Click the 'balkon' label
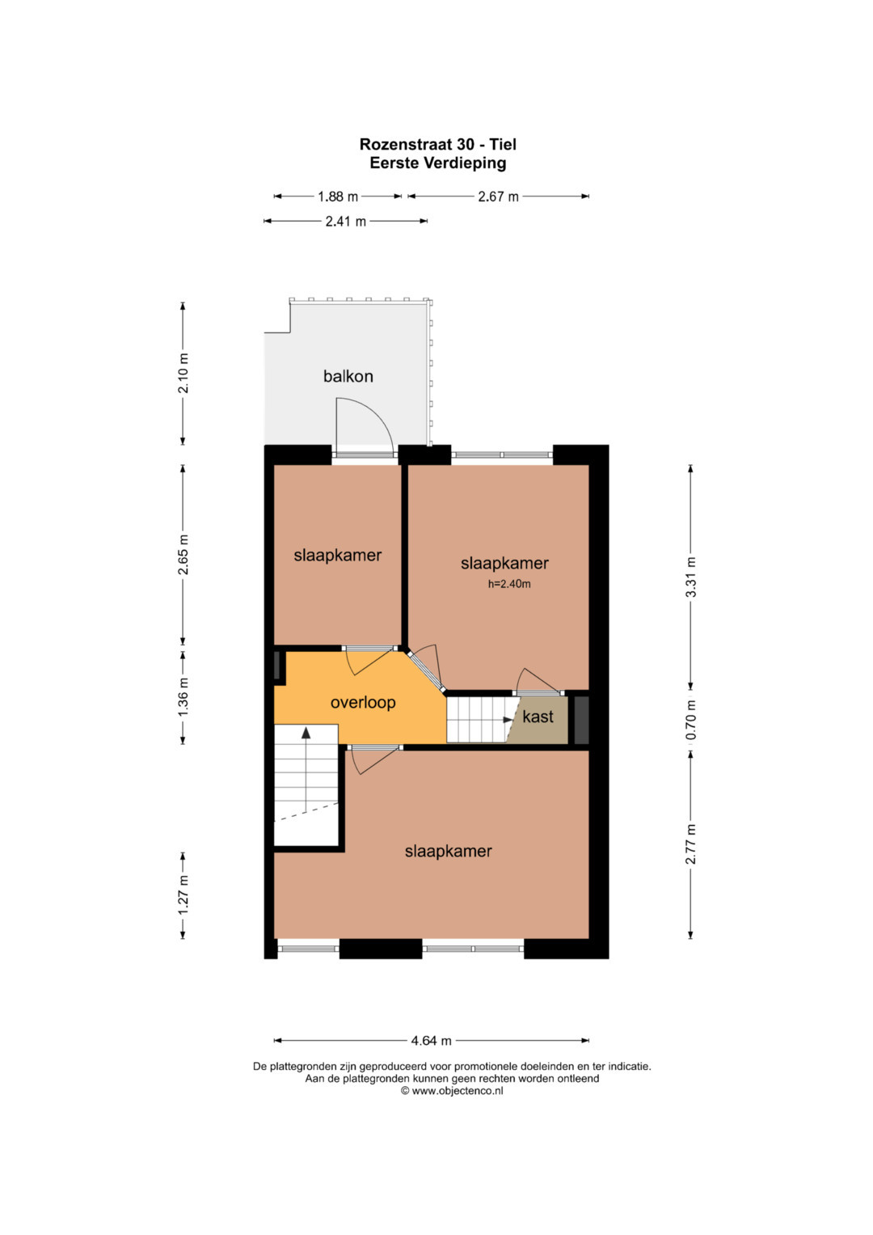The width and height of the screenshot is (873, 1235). (x=348, y=377)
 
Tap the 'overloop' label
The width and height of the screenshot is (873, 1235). (x=363, y=702)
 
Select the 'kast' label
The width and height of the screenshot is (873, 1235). (x=538, y=717)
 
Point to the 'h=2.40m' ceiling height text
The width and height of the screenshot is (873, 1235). (x=508, y=584)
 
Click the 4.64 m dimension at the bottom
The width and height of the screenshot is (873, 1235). (x=431, y=1040)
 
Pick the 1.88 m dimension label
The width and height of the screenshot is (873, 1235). (x=337, y=197)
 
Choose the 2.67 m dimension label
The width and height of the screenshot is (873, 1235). (x=498, y=197)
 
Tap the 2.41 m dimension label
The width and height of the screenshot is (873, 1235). (x=346, y=222)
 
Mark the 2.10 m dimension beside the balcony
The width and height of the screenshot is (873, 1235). (x=183, y=373)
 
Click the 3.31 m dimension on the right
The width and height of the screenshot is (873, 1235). (x=690, y=577)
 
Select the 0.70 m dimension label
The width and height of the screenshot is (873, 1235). (x=690, y=720)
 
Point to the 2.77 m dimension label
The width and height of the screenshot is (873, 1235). (x=690, y=844)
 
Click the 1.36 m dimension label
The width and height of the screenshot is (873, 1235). (x=183, y=696)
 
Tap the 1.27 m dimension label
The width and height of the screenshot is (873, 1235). (x=183, y=895)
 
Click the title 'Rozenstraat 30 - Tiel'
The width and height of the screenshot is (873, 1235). (x=437, y=145)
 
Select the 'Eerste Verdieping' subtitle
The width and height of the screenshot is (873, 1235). (x=437, y=163)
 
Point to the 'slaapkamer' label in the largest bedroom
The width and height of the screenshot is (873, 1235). (x=448, y=851)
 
